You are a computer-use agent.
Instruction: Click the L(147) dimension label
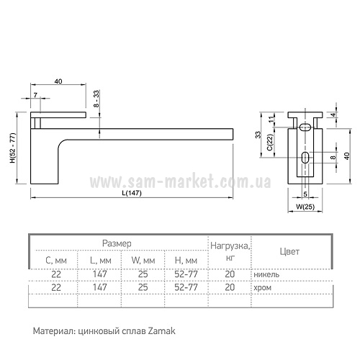coord(132,193)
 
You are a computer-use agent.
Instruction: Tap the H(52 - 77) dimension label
coord(12,148)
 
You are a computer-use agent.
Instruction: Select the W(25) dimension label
coord(305,207)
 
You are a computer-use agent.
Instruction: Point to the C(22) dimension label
coord(270,143)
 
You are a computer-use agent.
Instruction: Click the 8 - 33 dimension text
coord(96,99)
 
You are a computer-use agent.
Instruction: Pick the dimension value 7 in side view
coord(35,95)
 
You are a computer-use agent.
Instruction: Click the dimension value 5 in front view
coord(305,194)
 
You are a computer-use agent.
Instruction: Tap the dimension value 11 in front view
coord(271,120)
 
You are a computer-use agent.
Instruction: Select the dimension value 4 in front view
coord(333,114)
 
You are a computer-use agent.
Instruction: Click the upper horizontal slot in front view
coord(305,127)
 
